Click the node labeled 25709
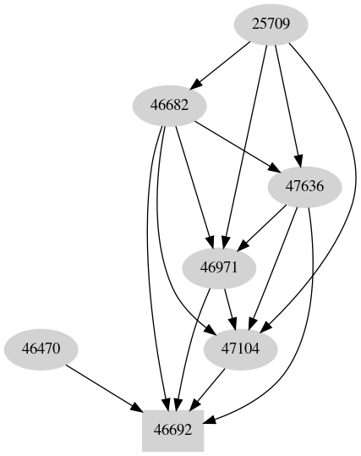coord(271,25)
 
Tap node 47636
coord(304,186)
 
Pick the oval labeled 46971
coord(220,268)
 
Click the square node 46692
coord(178,430)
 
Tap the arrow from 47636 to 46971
coord(262,227)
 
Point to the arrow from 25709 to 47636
coord(286,106)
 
